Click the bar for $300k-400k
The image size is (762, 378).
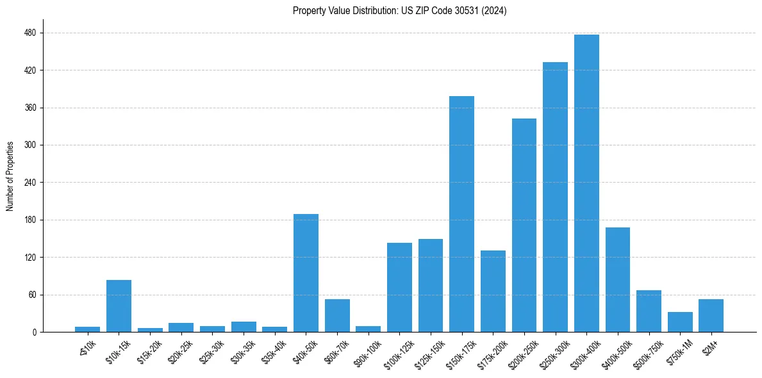click(x=586, y=183)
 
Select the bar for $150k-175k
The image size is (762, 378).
click(x=461, y=214)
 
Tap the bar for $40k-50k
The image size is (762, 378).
click(x=306, y=273)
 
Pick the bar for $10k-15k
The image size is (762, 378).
click(x=119, y=306)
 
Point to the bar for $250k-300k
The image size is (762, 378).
click(x=555, y=197)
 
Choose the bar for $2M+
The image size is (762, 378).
click(x=711, y=316)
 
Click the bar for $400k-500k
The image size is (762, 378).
click(x=618, y=280)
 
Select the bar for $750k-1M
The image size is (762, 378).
click(x=680, y=322)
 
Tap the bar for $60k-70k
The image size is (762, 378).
click(x=337, y=316)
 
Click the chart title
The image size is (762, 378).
click(x=400, y=11)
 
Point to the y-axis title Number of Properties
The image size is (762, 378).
click(x=10, y=176)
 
